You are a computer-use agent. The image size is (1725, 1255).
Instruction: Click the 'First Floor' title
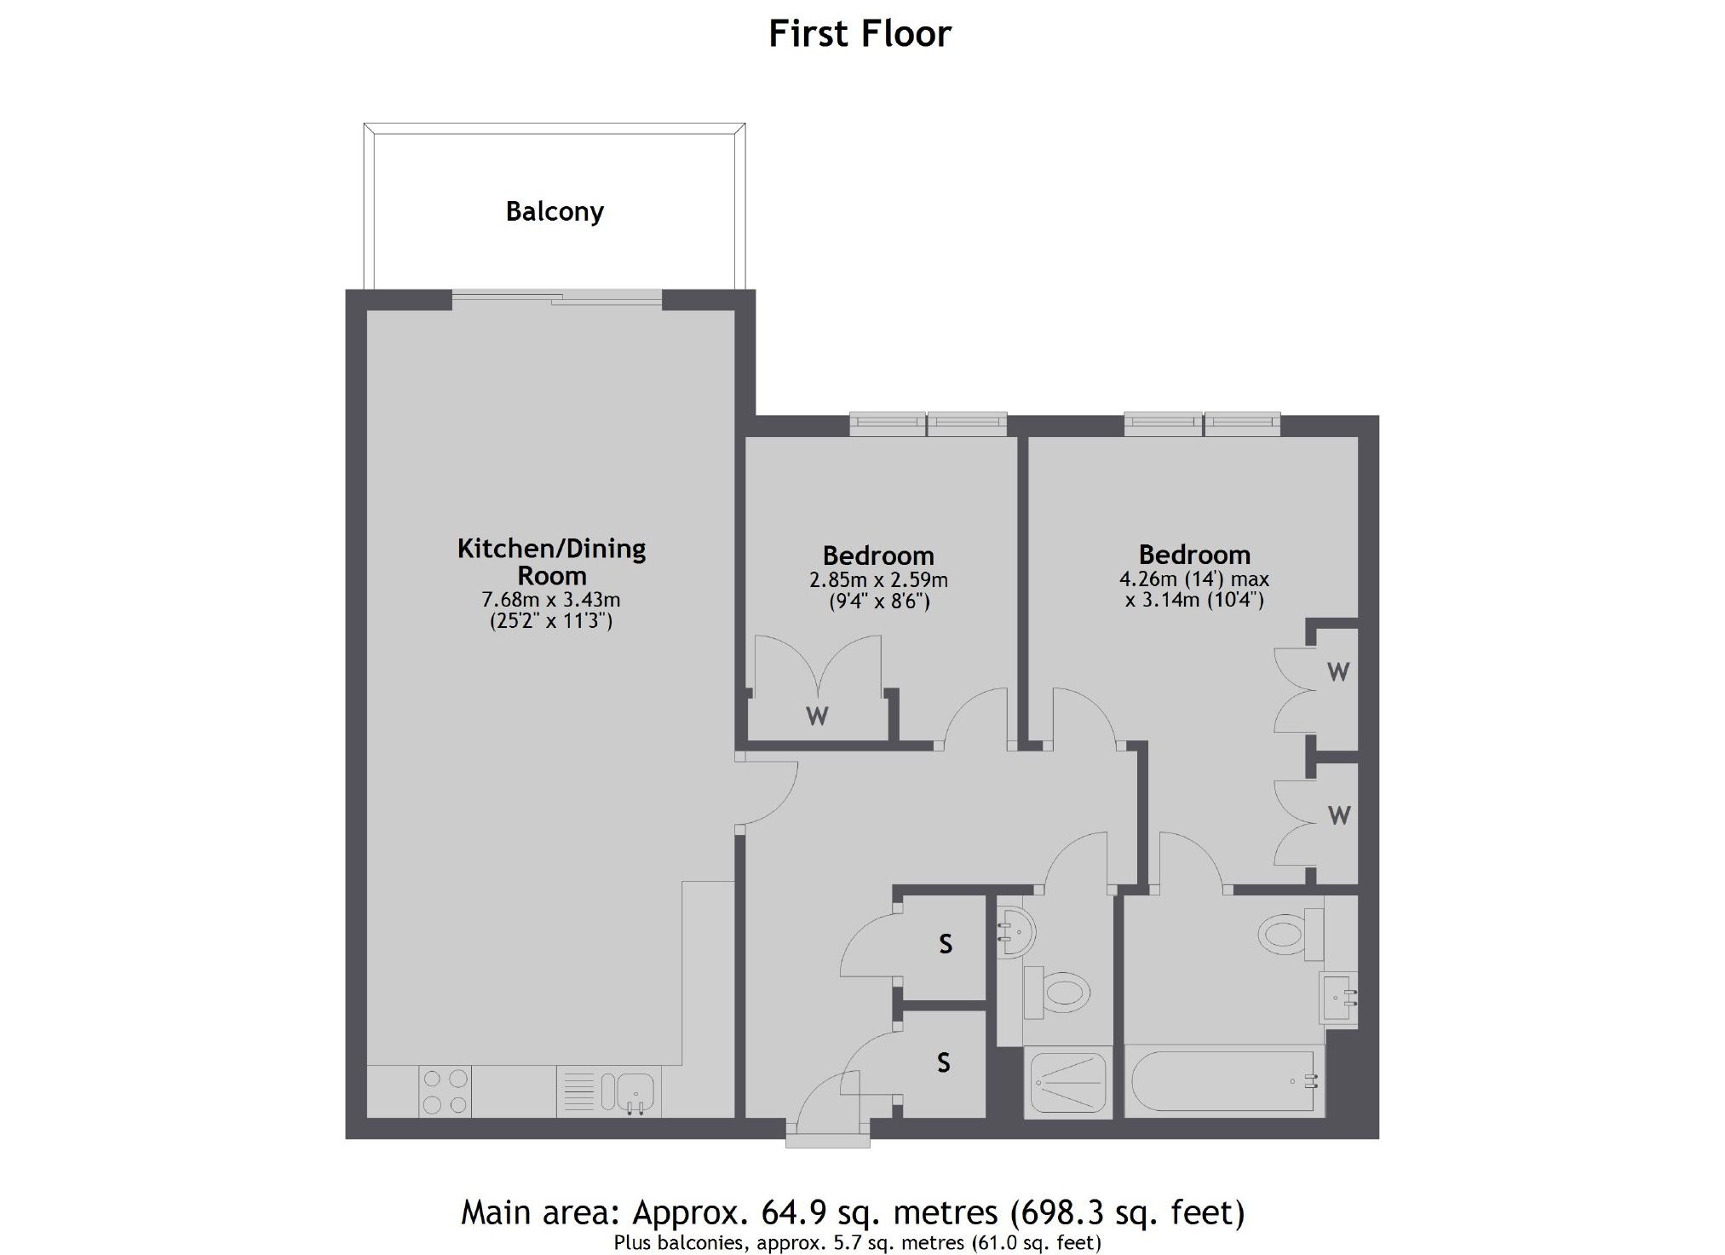pyautogui.click(x=860, y=34)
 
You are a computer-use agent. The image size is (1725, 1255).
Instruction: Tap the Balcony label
pyautogui.click(x=555, y=211)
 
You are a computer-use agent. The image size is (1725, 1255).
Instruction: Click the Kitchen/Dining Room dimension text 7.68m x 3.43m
pyautogui.click(x=551, y=600)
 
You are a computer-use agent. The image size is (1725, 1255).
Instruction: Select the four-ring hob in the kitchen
pyautogui.click(x=445, y=1091)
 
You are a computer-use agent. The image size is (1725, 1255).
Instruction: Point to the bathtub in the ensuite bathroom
pyautogui.click(x=1222, y=1081)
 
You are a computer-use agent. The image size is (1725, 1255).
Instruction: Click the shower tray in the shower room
pyautogui.click(x=1068, y=1082)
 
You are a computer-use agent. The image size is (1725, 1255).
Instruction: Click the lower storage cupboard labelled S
pyautogui.click(x=943, y=1062)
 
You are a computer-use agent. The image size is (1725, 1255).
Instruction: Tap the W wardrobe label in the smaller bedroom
pyautogui.click(x=817, y=717)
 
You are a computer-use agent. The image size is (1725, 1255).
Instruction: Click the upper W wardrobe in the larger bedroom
pyautogui.click(x=1337, y=672)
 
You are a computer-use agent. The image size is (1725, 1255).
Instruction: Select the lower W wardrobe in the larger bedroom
pyautogui.click(x=1338, y=816)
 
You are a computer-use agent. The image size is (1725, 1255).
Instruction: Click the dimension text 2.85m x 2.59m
pyautogui.click(x=878, y=580)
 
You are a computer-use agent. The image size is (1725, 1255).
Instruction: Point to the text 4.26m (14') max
pyautogui.click(x=1193, y=579)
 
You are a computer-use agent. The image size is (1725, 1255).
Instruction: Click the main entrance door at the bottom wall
pyautogui.click(x=828, y=1116)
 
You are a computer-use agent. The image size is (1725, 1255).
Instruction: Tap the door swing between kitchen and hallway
pyautogui.click(x=767, y=792)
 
